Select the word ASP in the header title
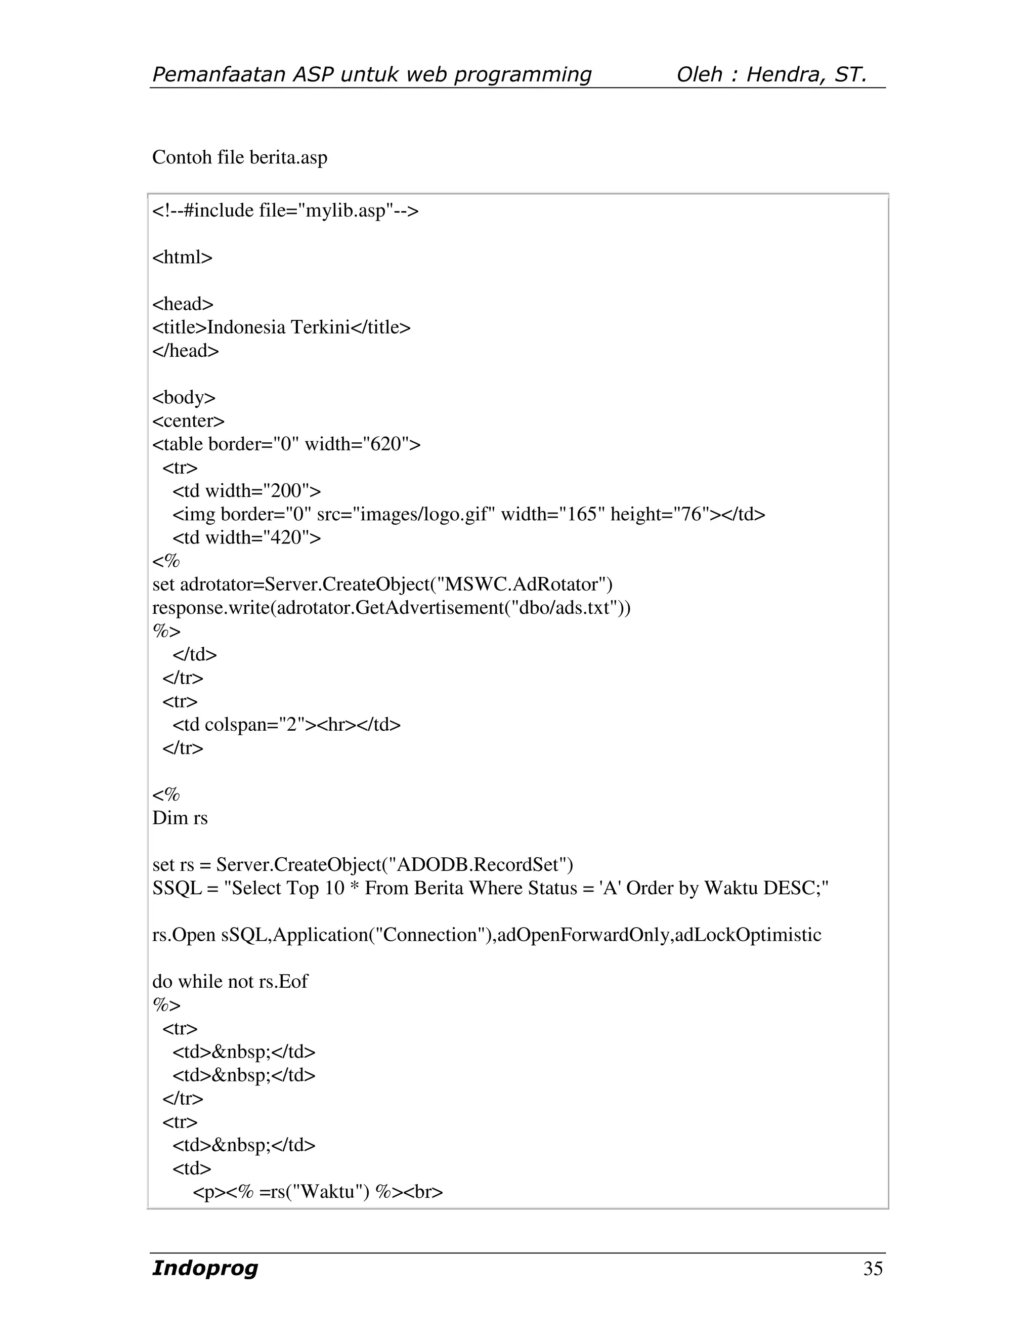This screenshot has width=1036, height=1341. (x=313, y=74)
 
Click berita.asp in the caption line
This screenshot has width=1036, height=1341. (x=288, y=157)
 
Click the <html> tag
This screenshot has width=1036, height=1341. (x=182, y=257)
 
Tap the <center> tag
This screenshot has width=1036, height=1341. (x=188, y=421)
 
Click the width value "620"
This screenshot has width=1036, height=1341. (x=386, y=444)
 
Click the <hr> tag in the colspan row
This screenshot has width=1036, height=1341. (x=336, y=725)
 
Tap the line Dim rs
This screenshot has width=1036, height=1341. (x=180, y=818)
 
